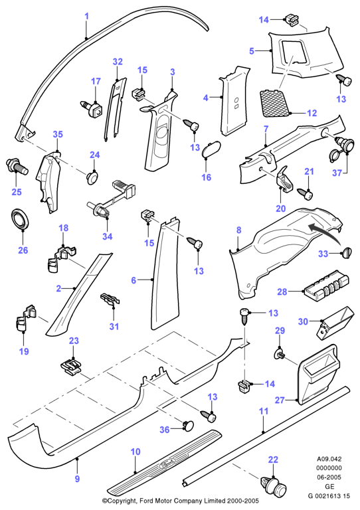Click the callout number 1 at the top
click(x=87, y=16)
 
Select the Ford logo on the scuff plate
click(x=167, y=464)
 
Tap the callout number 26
click(x=23, y=250)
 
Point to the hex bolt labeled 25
click(x=17, y=165)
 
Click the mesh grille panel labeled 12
click(x=275, y=103)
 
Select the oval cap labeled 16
click(x=211, y=149)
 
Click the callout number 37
click(x=337, y=173)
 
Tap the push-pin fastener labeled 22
click(x=274, y=487)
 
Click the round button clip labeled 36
click(x=188, y=426)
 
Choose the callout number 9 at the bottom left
click(x=77, y=479)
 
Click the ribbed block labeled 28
click(x=326, y=287)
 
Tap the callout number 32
click(x=118, y=62)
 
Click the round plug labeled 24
click(x=94, y=177)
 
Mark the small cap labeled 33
click(x=347, y=253)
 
